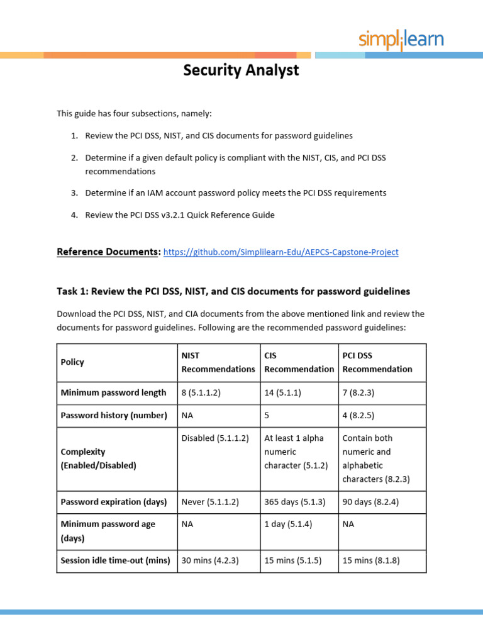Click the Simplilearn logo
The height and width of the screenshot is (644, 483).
[401, 40]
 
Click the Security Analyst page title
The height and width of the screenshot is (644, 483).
[241, 70]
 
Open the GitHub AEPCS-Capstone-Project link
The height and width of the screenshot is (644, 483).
[280, 252]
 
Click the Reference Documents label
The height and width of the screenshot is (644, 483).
[108, 252]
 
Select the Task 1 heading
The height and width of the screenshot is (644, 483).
[233, 291]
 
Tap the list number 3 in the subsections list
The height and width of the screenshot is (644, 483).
[74, 193]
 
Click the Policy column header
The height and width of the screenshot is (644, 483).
[72, 362]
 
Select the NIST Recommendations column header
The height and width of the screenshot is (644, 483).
[218, 362]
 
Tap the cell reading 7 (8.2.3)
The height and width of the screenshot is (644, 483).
[358, 392]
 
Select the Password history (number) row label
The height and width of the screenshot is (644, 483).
[114, 415]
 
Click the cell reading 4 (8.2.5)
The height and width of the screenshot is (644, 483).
[358, 415]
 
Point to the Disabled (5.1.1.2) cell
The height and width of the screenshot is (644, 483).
[215, 438]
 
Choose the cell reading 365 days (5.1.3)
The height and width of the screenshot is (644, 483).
[294, 502]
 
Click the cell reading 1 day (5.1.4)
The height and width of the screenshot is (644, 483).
[288, 524]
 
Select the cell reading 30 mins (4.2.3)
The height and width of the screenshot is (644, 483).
[210, 560]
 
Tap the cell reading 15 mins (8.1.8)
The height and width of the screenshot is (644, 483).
[371, 560]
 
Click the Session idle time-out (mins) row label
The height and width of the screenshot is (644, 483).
[115, 560]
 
